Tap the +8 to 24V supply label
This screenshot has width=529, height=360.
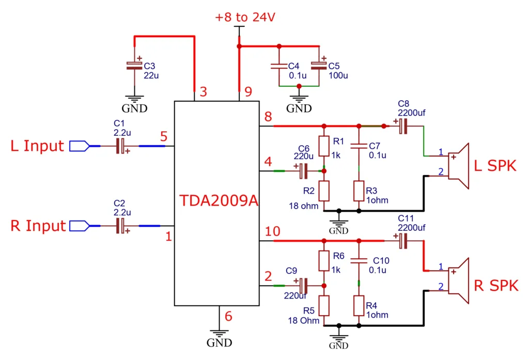tap(245, 18)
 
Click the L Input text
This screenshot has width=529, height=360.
tap(38, 146)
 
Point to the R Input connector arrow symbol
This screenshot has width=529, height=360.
tap(79, 226)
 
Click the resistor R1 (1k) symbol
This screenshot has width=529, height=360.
tap(324, 147)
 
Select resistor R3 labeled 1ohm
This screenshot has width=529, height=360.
tap(359, 191)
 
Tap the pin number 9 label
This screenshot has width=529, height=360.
tap(248, 92)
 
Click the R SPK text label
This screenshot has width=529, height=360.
tap(496, 286)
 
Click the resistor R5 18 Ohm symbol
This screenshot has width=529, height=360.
tap(324, 306)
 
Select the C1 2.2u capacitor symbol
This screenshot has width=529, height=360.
tap(122, 146)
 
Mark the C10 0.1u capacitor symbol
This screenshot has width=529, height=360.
tap(359, 261)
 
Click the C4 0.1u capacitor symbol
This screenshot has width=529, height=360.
tap(279, 66)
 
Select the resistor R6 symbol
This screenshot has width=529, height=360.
tap(324, 261)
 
